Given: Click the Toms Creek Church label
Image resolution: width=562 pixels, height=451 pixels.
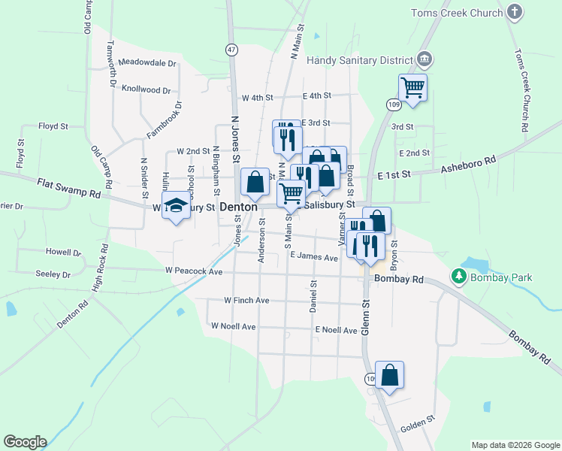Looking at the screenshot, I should pyautogui.click(x=456, y=13).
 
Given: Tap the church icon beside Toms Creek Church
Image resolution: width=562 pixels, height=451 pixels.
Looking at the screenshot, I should pyautogui.click(x=514, y=11).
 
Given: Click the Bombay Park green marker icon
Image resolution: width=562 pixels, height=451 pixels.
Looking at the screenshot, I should pyautogui.click(x=458, y=277).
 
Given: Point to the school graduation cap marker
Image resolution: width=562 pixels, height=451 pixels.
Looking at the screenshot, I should pyautogui.click(x=176, y=206).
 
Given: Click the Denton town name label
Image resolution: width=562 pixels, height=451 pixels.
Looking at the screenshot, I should pyautogui.click(x=239, y=206).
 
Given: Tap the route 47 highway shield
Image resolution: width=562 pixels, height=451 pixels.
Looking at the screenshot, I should pyautogui.click(x=231, y=49).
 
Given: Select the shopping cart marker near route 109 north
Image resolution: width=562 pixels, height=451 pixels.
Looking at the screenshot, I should pyautogui.click(x=412, y=86).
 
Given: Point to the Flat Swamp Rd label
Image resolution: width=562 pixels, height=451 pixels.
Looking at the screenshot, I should pyautogui.click(x=68, y=188).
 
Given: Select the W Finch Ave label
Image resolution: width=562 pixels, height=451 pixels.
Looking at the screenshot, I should pyautogui.click(x=246, y=300).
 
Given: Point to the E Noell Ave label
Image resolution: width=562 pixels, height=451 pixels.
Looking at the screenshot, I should pyautogui.click(x=336, y=330).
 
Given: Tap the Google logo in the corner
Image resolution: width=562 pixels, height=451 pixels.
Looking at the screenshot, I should pyautogui.click(x=25, y=442).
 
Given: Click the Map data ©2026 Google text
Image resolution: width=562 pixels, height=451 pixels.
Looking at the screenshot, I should pyautogui.click(x=515, y=445).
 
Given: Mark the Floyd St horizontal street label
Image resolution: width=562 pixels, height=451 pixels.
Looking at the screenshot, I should pyautogui.click(x=53, y=126).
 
